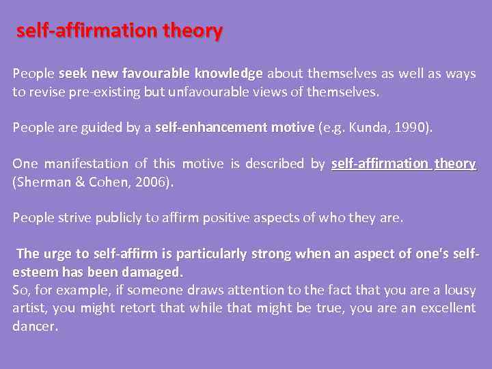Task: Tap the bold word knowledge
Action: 229,73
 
